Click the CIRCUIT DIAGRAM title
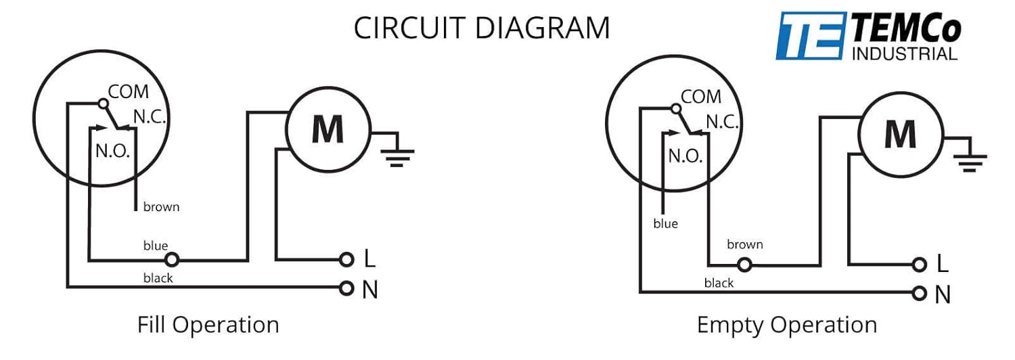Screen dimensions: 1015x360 [x=482, y=28]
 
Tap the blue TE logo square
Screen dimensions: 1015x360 [x=811, y=36]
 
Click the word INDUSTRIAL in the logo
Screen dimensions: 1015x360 [x=905, y=54]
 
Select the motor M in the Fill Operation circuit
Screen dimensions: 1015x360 [x=328, y=130]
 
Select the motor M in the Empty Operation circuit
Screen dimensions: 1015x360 [x=901, y=135]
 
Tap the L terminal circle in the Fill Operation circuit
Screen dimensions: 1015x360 [x=346, y=260]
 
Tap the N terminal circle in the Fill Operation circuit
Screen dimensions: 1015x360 [x=346, y=288]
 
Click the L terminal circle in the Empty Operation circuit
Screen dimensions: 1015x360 [x=920, y=265]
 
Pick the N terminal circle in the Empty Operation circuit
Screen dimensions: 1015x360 [x=920, y=294]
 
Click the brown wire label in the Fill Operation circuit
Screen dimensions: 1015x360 [x=161, y=207]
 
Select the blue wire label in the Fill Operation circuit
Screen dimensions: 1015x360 [x=156, y=246]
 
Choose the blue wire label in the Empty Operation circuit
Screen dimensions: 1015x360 [x=666, y=223]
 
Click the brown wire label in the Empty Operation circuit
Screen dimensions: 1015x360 [x=745, y=245]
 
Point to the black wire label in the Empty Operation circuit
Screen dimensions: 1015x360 [x=719, y=284]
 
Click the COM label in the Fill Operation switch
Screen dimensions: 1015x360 [x=129, y=92]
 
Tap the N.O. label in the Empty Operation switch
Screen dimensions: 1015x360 [x=685, y=156]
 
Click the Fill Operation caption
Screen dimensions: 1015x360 [x=208, y=325]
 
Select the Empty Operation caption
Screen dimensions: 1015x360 [x=787, y=325]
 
